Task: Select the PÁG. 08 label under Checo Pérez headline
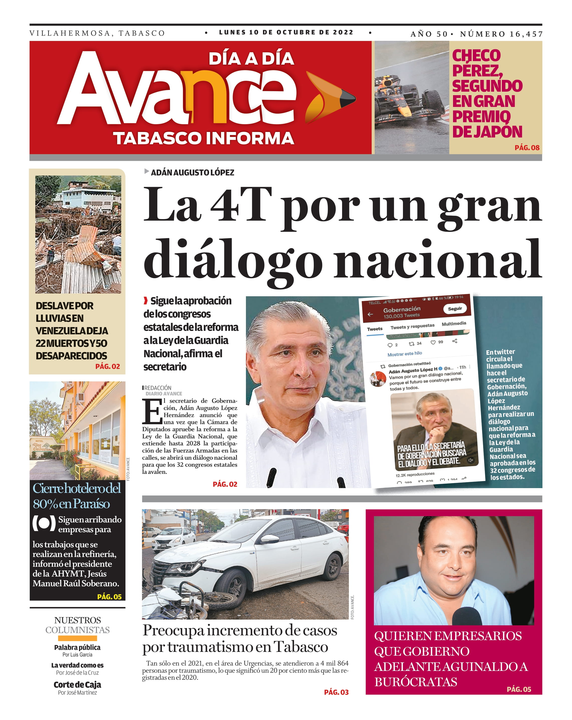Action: point(527,148)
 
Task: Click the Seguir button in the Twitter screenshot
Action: point(455,309)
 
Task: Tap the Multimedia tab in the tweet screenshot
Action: point(454,324)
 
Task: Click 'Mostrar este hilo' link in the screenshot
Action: point(404,354)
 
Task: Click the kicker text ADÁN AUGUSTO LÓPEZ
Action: point(192,173)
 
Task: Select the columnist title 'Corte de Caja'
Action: point(77,685)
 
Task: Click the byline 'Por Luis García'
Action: point(77,655)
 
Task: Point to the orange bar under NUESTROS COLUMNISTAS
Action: point(77,638)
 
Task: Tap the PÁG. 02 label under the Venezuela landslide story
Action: point(107,366)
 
